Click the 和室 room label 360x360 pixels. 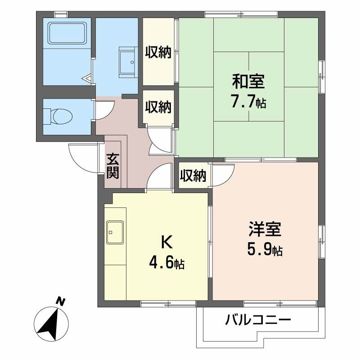(x=248, y=82)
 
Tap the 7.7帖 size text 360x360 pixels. (x=248, y=102)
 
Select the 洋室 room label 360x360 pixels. (x=265, y=229)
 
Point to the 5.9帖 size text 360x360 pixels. (x=265, y=249)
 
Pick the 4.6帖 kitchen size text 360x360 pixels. (x=166, y=263)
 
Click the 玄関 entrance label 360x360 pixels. (x=112, y=166)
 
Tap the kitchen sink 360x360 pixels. (x=115, y=233)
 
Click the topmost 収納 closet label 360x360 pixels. (x=158, y=53)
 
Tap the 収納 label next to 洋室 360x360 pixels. (x=193, y=176)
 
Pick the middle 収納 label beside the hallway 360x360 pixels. (x=158, y=107)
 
